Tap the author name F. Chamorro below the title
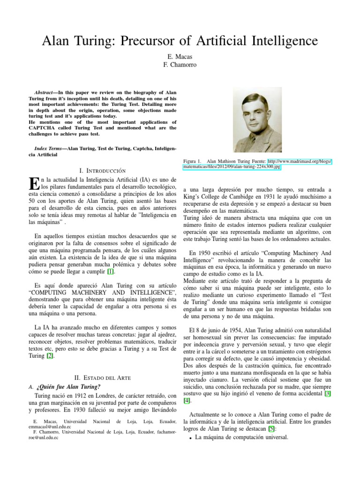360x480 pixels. [180, 64]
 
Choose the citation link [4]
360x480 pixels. [188, 401]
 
